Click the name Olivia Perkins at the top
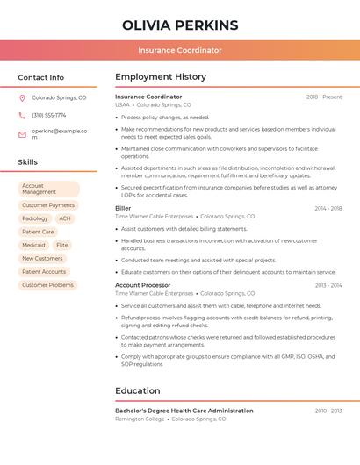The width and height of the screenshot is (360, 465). (x=180, y=25)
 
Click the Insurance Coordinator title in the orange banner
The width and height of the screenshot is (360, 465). (x=180, y=50)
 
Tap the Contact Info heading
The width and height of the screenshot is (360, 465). (x=41, y=77)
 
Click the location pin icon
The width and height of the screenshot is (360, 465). (x=22, y=98)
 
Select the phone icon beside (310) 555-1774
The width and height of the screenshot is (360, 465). (x=22, y=115)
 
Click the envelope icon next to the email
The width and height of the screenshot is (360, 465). (x=22, y=133)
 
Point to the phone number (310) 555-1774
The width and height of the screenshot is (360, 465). (x=49, y=115)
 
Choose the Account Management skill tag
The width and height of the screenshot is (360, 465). (x=48, y=189)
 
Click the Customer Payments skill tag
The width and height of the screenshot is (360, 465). (x=48, y=205)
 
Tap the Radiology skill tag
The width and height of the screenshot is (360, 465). (x=35, y=218)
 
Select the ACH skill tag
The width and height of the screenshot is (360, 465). (x=65, y=218)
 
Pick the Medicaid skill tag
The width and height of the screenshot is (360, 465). (x=34, y=245)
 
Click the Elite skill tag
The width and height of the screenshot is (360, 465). (x=61, y=245)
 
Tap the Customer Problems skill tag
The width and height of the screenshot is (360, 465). (x=47, y=285)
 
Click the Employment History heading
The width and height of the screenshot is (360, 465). (x=161, y=77)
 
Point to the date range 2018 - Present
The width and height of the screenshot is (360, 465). (x=324, y=97)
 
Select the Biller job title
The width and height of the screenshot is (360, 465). (x=123, y=208)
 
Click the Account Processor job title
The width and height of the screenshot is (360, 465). (x=143, y=285)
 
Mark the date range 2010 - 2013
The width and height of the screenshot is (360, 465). (x=328, y=411)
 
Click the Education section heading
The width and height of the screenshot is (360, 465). (x=138, y=391)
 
